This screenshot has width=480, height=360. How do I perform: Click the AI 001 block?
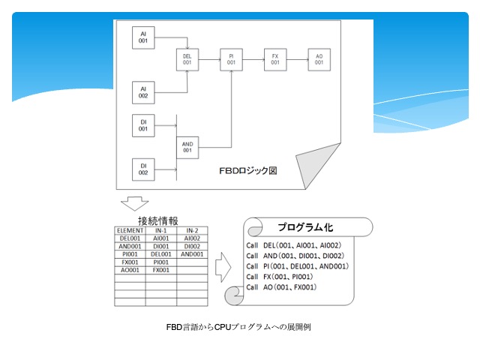tap(143, 37)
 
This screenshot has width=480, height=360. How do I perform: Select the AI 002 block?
tap(143, 92)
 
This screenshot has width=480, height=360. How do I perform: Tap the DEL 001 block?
tap(187, 60)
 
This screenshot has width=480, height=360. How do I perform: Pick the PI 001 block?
tap(232, 60)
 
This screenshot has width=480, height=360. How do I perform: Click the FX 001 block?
tap(275, 60)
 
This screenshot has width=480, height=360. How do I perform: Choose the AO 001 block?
tap(319, 60)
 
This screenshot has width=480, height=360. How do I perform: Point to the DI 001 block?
tap(143, 125)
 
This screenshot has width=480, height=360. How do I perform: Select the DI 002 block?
tap(143, 169)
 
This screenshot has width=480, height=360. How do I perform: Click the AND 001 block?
tap(187, 148)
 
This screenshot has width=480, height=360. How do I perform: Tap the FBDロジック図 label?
tap(248, 170)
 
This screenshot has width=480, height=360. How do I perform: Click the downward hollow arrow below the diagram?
tap(135, 203)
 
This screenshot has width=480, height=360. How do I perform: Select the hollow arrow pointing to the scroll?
tap(223, 267)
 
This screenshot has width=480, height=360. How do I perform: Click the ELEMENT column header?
tap(130, 230)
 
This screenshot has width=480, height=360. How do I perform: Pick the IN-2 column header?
tap(192, 230)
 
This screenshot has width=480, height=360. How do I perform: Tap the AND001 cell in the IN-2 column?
tap(192, 254)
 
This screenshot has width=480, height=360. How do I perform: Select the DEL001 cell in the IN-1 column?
tap(161, 254)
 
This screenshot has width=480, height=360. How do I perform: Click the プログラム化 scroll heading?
tap(305, 227)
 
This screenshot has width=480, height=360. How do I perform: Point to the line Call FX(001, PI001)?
tap(280, 277)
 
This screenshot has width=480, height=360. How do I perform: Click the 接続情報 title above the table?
tap(158, 220)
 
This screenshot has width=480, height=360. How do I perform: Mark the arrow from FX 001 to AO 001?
tap(298, 60)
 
